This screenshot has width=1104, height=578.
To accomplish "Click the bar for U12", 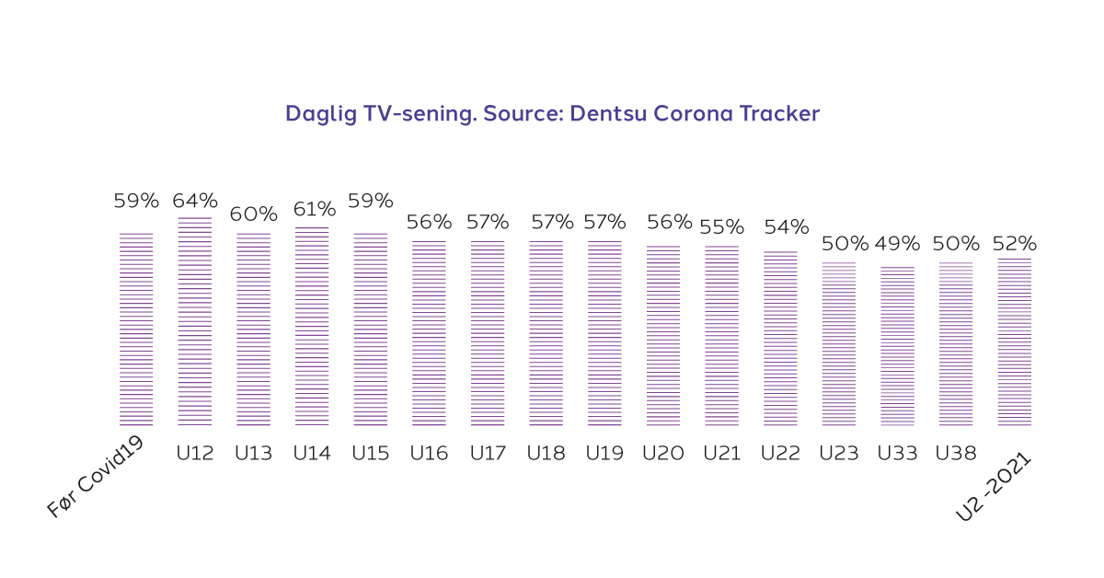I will [x=194, y=321].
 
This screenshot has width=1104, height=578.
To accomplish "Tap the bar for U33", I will [x=897, y=346].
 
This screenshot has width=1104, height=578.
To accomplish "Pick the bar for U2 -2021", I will [x=1015, y=341].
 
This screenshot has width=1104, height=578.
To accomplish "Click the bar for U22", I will [x=780, y=338].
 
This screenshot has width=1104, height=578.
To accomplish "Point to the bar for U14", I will [x=312, y=326].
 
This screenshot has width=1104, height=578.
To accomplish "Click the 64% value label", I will [x=195, y=201].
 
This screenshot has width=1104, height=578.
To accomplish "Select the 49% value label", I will [x=897, y=244].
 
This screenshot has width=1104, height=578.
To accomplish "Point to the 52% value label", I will [x=1015, y=244].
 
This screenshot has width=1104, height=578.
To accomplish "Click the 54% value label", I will [x=787, y=226].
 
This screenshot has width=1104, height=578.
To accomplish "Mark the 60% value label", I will [x=254, y=214].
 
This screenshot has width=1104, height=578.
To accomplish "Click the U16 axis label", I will [x=429, y=453].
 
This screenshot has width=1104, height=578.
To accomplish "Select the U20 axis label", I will [x=662, y=453].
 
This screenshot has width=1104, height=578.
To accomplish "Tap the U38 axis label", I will [x=956, y=453].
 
